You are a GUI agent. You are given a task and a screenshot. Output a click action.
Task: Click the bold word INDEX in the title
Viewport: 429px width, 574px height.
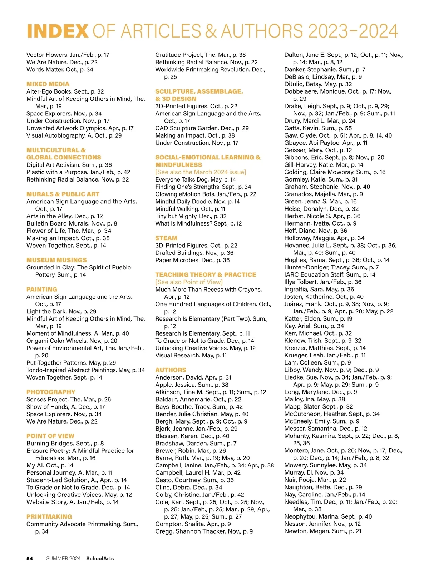[x=57, y=31]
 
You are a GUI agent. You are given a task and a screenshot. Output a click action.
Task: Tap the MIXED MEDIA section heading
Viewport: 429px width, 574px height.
[x=48, y=84]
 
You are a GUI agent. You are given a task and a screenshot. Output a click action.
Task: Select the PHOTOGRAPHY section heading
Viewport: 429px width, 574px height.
[x=51, y=392]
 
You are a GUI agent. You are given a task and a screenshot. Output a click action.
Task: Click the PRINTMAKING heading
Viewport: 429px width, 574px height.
[x=49, y=517]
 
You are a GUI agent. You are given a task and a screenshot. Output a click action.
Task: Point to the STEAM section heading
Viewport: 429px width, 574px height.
[x=166, y=238]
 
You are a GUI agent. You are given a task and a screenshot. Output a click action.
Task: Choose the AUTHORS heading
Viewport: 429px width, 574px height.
[x=171, y=370]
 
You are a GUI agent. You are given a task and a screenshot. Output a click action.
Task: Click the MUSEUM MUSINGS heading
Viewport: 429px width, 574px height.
[x=56, y=260]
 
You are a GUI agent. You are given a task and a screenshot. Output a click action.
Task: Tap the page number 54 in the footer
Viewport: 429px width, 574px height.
[x=30, y=559]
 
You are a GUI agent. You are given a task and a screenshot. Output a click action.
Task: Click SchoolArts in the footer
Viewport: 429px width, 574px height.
[x=100, y=559]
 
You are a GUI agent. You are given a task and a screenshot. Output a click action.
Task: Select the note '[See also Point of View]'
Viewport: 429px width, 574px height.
[x=189, y=282]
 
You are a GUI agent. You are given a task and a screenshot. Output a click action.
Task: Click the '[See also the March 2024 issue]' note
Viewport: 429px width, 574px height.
[x=201, y=172]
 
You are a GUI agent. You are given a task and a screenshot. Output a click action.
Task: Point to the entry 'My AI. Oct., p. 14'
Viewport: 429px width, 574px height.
[x=50, y=465]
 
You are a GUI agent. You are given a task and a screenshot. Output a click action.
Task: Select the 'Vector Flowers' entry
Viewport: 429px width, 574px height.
[x=68, y=55]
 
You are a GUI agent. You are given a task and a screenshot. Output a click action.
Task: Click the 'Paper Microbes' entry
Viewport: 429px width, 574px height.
[x=192, y=260]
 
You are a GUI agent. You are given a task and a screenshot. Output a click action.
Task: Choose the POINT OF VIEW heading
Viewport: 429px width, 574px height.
[x=50, y=436]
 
